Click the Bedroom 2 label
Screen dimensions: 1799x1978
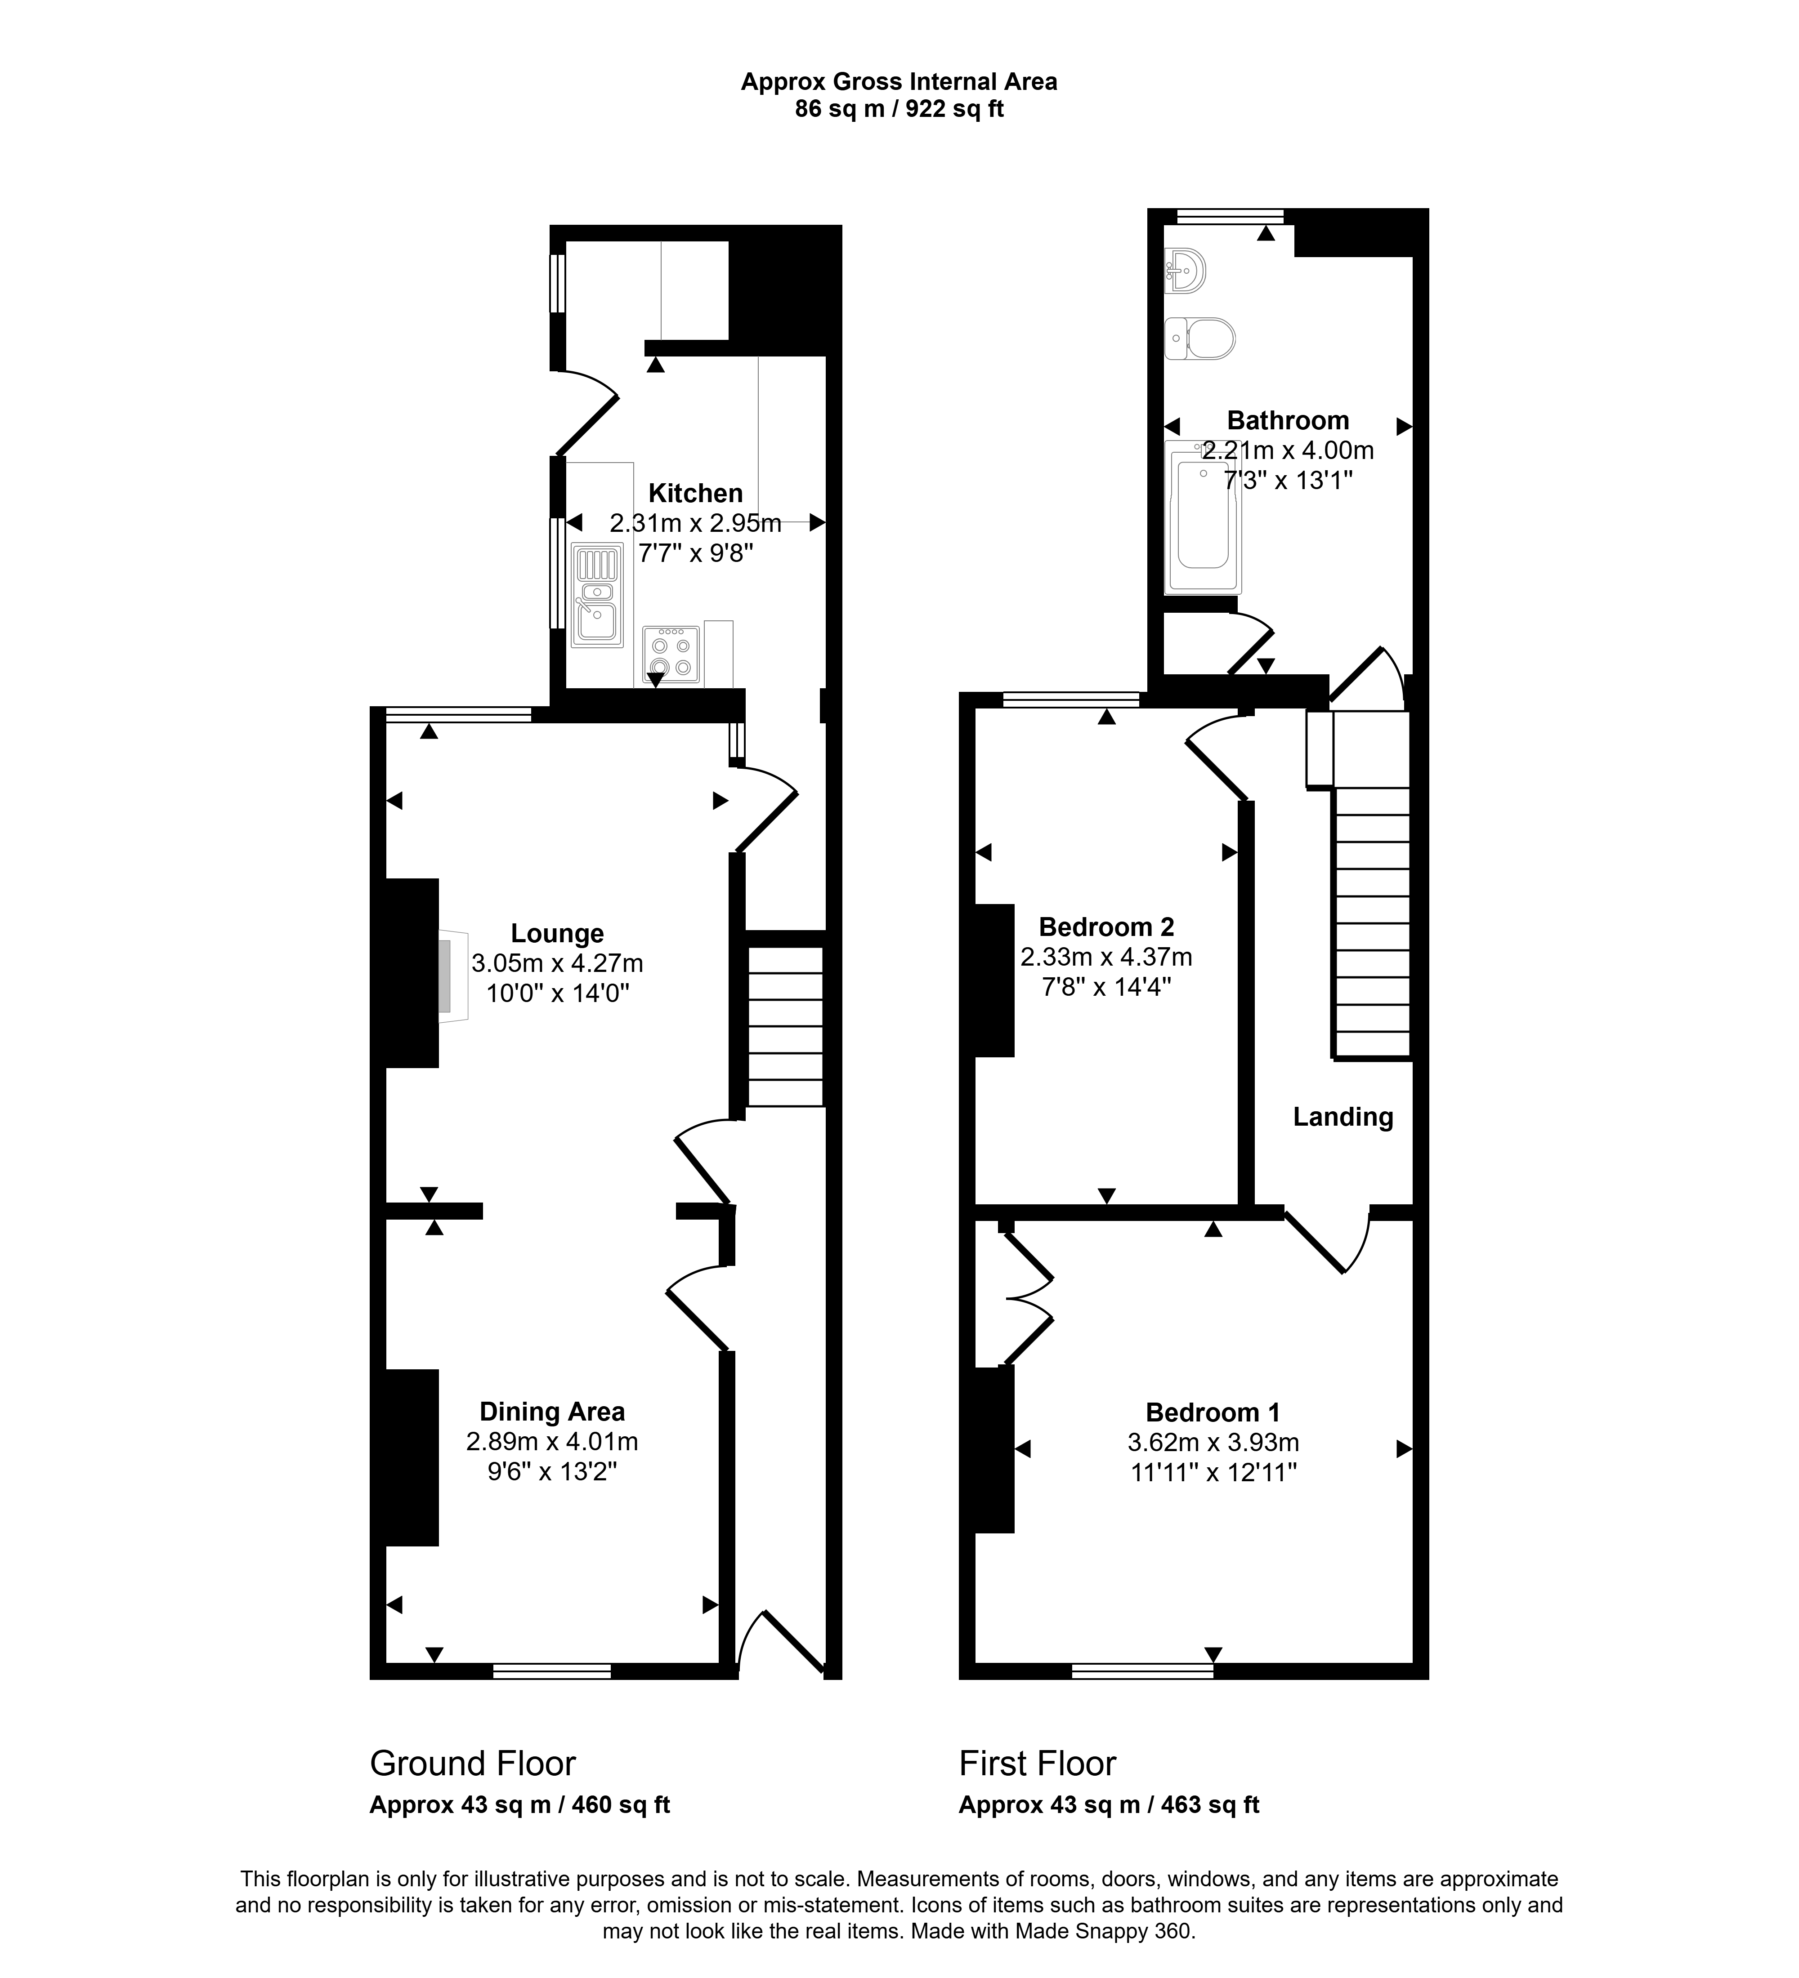[x=1106, y=927]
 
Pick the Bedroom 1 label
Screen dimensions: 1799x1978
[x=1213, y=1413]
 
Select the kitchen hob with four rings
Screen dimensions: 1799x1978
[x=671, y=655]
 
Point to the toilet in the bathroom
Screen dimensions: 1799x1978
[x=1199, y=339]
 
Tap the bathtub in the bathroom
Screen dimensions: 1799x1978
[x=1202, y=518]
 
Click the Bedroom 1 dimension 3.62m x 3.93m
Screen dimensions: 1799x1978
[x=1213, y=1443]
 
